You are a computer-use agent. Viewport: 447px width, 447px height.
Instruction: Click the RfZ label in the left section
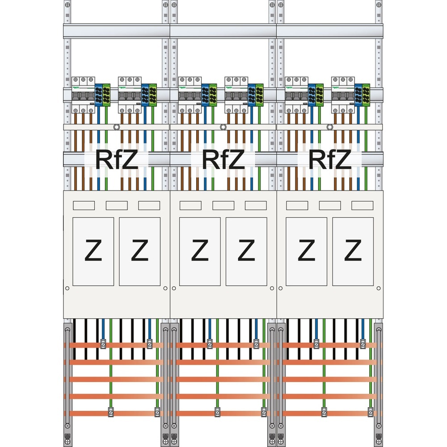pos(117,160)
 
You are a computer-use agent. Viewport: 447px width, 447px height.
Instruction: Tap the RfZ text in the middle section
pos(223,160)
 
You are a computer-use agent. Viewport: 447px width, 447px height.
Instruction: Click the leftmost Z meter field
pos(93,251)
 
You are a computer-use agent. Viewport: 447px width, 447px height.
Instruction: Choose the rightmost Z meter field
pos(353,251)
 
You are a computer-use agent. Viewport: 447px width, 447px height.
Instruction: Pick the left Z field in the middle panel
pos(200,251)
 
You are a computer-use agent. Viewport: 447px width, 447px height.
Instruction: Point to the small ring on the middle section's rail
pos(223,127)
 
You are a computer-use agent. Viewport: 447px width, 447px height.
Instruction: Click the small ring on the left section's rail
pos(116,127)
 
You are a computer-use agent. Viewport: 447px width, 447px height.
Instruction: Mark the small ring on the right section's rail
pos(329,127)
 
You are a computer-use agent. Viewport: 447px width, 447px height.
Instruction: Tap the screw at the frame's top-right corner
pos(380,4)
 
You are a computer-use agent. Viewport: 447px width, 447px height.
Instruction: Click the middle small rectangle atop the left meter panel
pos(116,205)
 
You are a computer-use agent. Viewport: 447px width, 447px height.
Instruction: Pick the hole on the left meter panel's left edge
pos(67,288)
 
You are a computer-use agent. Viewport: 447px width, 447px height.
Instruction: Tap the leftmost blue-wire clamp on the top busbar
pos(103,344)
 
